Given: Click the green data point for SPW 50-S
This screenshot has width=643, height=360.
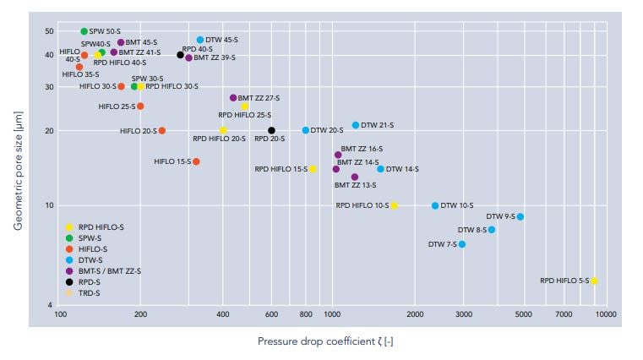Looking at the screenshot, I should coord(84,31).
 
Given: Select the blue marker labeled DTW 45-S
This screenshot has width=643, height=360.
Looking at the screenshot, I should coord(200,40).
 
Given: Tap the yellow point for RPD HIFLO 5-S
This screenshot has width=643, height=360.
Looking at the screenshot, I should coord(594,281).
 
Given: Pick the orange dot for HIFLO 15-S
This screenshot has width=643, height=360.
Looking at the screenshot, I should coord(196,161).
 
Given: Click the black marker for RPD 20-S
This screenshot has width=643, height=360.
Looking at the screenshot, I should coord(271,130).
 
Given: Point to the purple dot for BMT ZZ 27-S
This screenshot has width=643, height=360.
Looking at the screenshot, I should coord(233,98).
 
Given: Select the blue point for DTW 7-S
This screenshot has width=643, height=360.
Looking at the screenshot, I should coord(461,244).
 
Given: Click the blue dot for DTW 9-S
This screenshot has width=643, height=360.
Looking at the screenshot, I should coord(520,217).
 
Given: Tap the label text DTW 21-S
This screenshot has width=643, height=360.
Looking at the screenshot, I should coord(377,125).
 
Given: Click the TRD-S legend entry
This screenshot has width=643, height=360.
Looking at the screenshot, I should coord(89,292).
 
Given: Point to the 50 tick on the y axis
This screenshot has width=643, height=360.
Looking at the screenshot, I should coord(49,31).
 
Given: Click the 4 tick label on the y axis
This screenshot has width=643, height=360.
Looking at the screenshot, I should coord(52,305).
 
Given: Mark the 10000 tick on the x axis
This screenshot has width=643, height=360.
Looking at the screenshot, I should coord(605,314).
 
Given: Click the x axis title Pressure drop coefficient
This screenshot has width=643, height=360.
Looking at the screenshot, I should coord(325,341).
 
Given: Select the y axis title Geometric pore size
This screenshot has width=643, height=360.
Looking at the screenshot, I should coord(18,172).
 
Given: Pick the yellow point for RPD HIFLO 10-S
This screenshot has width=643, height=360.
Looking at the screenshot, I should coord(394,205).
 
